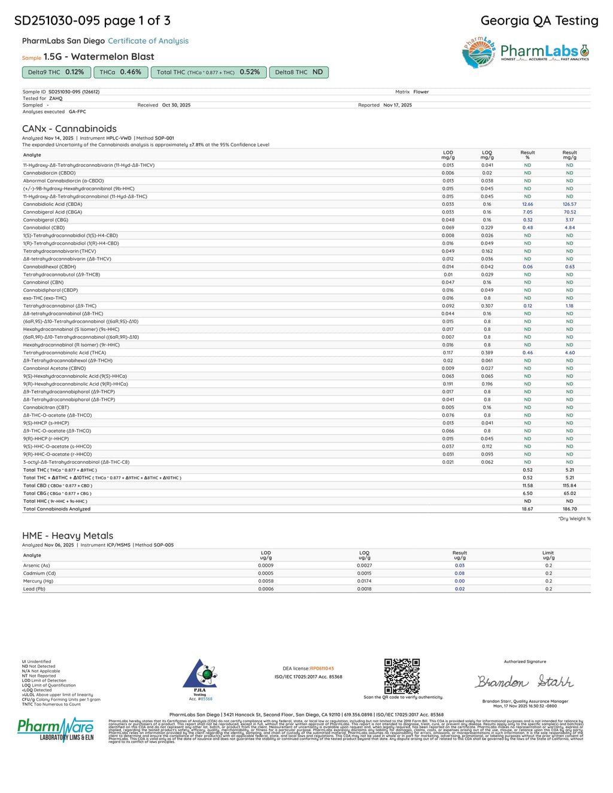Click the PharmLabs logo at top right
pyautogui.click(x=525, y=53)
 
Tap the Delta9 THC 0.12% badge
pyautogui.click(x=56, y=72)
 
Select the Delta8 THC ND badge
pyautogui.click(x=299, y=72)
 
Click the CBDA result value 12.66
pyautogui.click(x=527, y=204)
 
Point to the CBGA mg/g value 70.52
pyautogui.click(x=569, y=212)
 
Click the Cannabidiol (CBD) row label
pyautogui.click(x=44, y=227)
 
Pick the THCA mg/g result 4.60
pyautogui.click(x=569, y=353)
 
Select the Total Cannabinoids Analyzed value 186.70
pyautogui.click(x=569, y=509)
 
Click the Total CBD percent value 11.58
pyautogui.click(x=527, y=485)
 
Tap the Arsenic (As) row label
pyautogui.click(x=37, y=565)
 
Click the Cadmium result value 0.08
pyautogui.click(x=459, y=573)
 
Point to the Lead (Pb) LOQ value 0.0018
pyautogui.click(x=364, y=588)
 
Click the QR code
pyautogui.click(x=402, y=676)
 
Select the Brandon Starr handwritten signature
pyautogui.click(x=524, y=682)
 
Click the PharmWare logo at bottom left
pyautogui.click(x=56, y=729)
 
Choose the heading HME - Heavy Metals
pyautogui.click(x=68, y=536)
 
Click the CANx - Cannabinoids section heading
pyautogui.click(x=69, y=129)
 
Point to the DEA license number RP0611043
pyautogui.click(x=322, y=669)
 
